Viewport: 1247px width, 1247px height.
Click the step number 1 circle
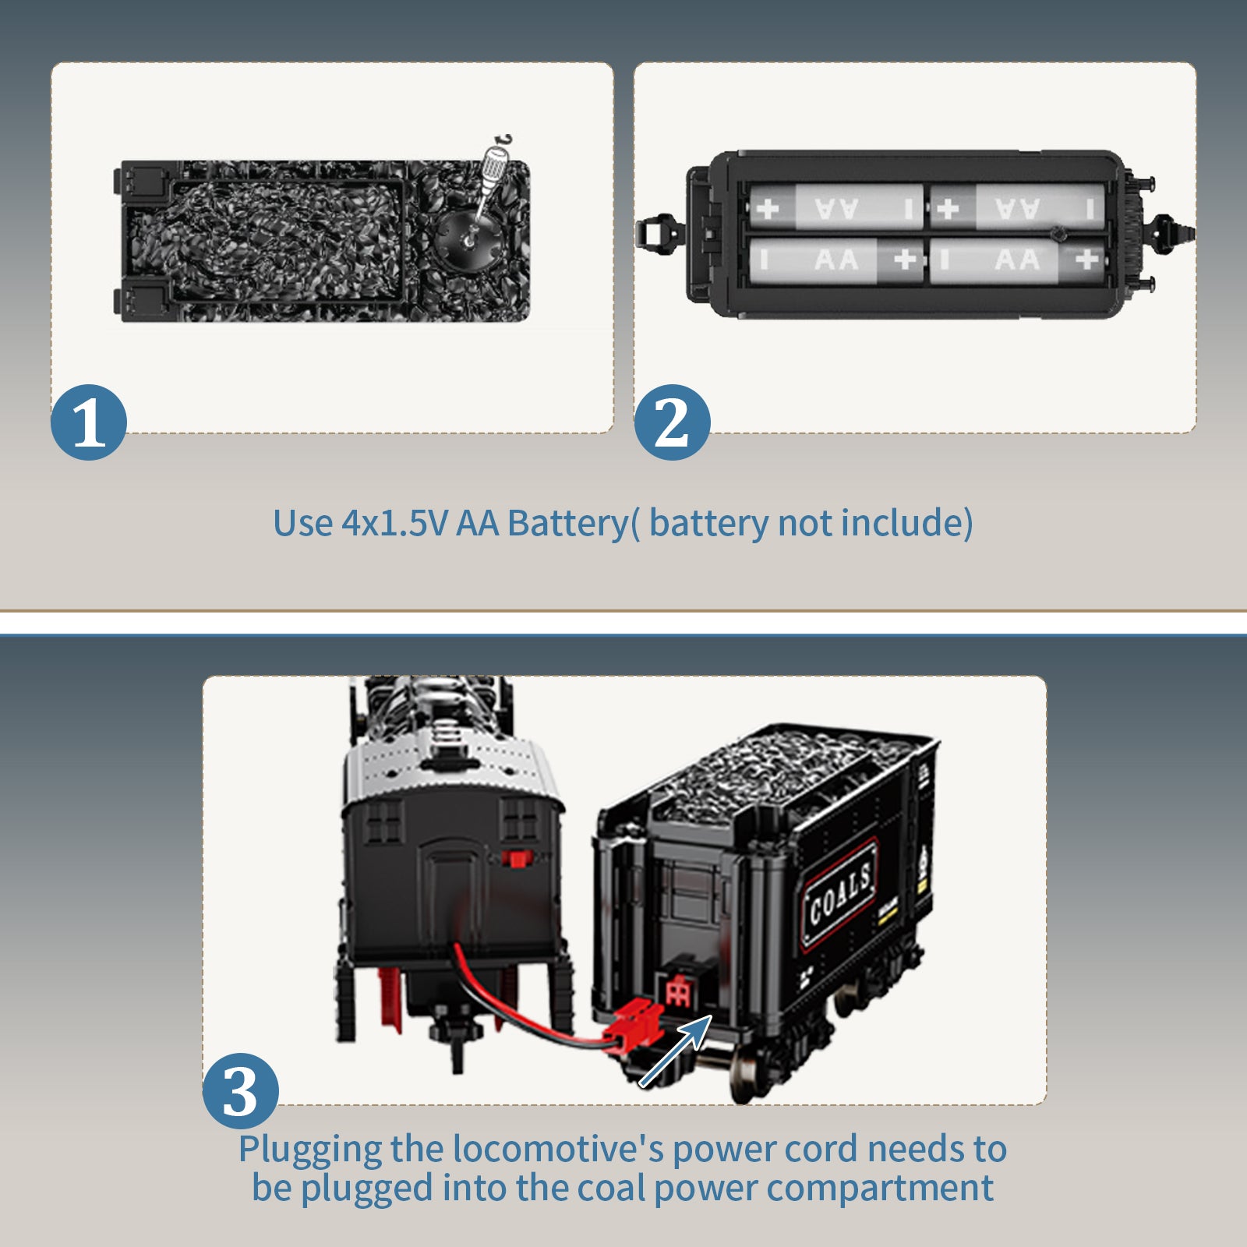point(89,422)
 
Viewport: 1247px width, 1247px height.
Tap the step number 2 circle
point(672,422)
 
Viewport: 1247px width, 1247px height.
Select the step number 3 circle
point(241,1091)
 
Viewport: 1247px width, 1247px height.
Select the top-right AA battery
point(1018,207)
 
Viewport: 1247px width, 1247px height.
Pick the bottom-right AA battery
point(1018,260)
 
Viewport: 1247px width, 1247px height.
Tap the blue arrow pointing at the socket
point(675,1051)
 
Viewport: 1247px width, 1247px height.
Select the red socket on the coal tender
point(677,991)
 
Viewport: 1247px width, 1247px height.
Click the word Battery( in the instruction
point(574,523)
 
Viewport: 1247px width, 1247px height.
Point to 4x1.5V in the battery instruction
point(394,523)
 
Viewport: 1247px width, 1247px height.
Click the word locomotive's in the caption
point(558,1149)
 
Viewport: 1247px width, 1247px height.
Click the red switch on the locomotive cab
point(516,858)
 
